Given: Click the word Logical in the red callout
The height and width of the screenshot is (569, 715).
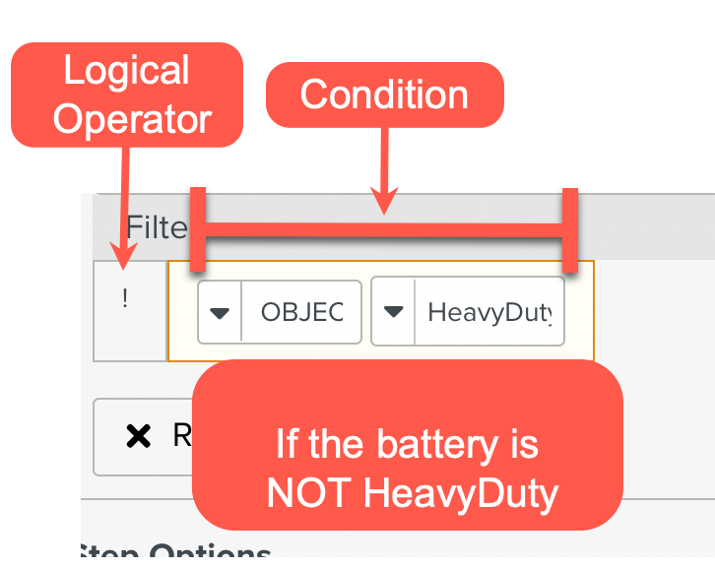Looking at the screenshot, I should click(x=126, y=72).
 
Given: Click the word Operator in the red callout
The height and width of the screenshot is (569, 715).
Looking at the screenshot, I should click(x=132, y=118).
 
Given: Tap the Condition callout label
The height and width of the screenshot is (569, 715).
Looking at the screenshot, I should click(x=384, y=95).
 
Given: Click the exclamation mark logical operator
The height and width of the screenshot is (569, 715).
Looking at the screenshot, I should click(x=125, y=299).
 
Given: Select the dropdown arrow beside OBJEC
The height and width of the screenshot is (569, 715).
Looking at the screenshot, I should click(x=221, y=312).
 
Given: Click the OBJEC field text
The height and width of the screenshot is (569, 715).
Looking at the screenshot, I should click(x=301, y=312).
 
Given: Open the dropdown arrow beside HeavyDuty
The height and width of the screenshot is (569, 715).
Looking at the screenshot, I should click(x=394, y=312).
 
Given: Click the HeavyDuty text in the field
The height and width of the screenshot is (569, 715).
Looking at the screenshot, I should click(x=489, y=312).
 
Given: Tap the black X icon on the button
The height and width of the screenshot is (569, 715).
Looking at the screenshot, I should click(x=139, y=436).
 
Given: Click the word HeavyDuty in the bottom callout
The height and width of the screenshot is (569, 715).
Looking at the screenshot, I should click(x=461, y=492).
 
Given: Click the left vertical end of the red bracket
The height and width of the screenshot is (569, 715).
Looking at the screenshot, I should click(x=198, y=229).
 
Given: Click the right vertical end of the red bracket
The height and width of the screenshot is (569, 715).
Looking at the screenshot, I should click(x=568, y=229).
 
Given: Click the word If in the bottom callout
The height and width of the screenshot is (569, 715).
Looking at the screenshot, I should click(x=286, y=445).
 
